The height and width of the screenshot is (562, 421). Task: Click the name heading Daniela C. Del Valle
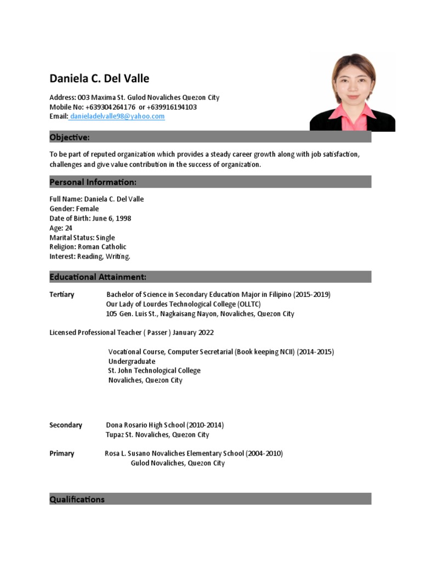(x=99, y=78)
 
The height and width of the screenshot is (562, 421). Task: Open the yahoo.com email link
(x=117, y=117)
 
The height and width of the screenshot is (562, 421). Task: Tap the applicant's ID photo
(x=352, y=92)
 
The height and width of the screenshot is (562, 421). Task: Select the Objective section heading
(x=70, y=137)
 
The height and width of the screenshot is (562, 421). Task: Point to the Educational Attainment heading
(x=98, y=277)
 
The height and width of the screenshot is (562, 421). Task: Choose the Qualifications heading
(x=77, y=499)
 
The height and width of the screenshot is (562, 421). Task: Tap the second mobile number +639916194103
(x=172, y=107)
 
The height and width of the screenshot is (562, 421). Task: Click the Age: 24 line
(x=61, y=228)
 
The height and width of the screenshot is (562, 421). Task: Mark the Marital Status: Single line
(x=82, y=238)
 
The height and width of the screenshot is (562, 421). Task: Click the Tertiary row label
(x=62, y=295)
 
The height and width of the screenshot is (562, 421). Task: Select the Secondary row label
(x=66, y=425)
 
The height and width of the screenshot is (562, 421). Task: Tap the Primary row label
(x=62, y=454)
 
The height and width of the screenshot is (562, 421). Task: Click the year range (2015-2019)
(x=311, y=295)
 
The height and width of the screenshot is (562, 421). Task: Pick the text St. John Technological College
(x=155, y=370)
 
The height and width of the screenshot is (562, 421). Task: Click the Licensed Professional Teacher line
(x=132, y=333)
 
